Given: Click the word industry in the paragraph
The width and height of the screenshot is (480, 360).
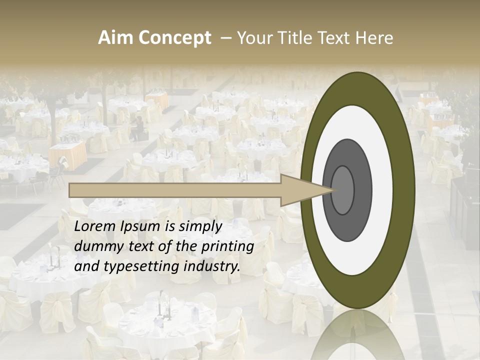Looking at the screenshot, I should [211, 266].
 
